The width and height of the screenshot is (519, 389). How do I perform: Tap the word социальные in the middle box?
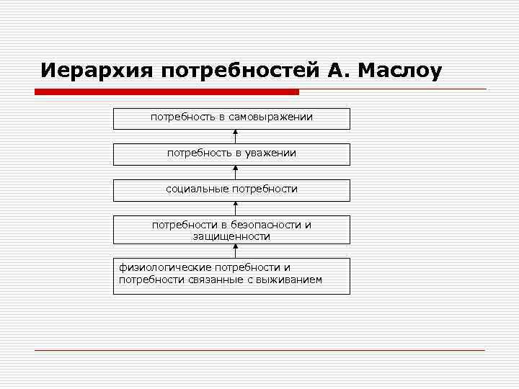click(197, 189)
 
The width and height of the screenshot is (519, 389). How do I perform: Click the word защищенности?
click(231, 236)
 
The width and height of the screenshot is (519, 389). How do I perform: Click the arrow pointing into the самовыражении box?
click(235, 136)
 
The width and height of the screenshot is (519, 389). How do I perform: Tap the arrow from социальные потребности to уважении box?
click(235, 172)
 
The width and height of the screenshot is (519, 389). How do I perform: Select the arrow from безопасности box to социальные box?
click(235, 208)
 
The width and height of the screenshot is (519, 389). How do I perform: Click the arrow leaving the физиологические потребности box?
click(235, 251)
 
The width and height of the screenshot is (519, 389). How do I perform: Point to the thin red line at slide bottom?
click(259, 350)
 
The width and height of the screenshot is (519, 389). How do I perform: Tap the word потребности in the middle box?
click(264, 189)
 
